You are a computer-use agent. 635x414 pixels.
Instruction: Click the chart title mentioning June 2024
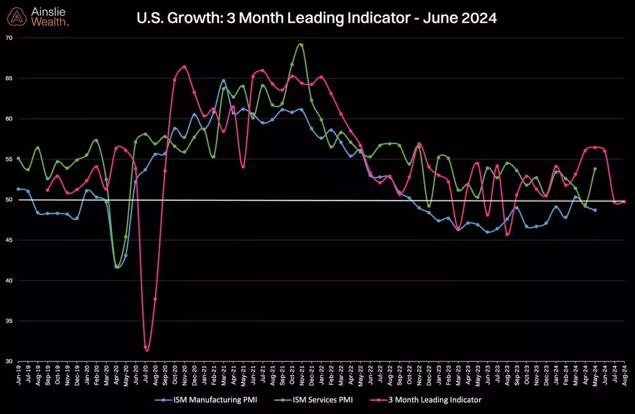click(317, 19)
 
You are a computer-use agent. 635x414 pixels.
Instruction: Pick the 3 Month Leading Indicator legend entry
click(431, 400)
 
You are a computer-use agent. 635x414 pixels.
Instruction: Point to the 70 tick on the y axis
click(9, 38)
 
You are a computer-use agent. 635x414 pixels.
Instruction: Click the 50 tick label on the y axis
click(9, 200)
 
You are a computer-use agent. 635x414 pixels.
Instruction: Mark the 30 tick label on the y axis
click(9, 361)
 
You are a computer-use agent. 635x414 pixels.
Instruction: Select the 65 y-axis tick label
click(9, 79)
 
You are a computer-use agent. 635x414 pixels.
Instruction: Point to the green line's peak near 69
click(300, 45)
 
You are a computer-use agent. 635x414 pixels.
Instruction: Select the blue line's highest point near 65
click(224, 81)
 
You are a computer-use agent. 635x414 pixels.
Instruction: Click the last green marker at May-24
click(595, 169)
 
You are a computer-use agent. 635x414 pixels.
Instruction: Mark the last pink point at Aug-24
click(624, 202)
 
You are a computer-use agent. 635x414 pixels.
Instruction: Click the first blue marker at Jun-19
click(18, 189)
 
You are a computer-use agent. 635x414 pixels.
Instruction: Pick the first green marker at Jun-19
click(18, 158)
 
